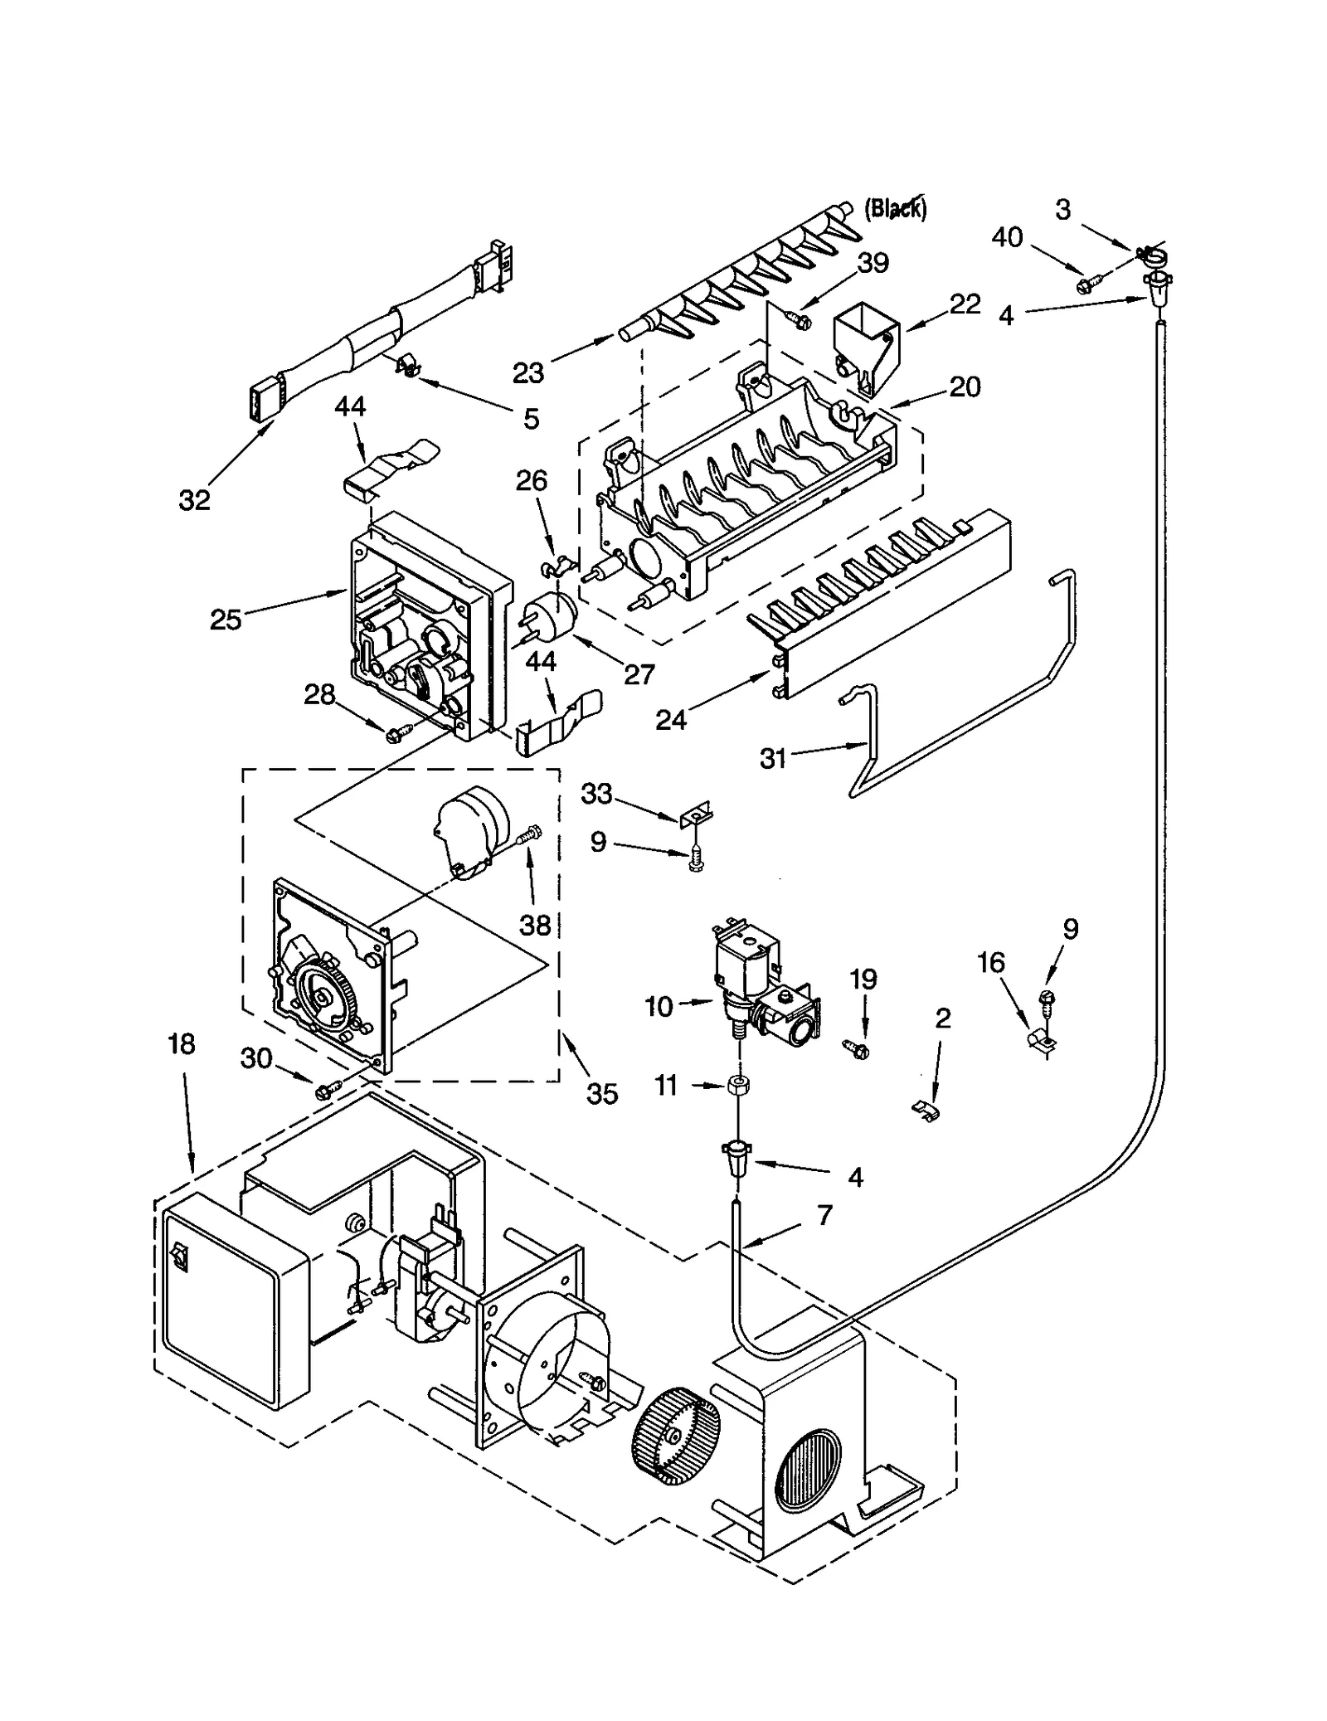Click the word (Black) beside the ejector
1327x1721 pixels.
tap(896, 208)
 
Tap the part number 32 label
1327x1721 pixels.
tap(195, 499)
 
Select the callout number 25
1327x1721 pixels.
tap(225, 620)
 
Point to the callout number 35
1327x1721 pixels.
tap(602, 1094)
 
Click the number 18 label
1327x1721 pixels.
tap(182, 1044)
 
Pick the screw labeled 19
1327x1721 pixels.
tap(856, 1049)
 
